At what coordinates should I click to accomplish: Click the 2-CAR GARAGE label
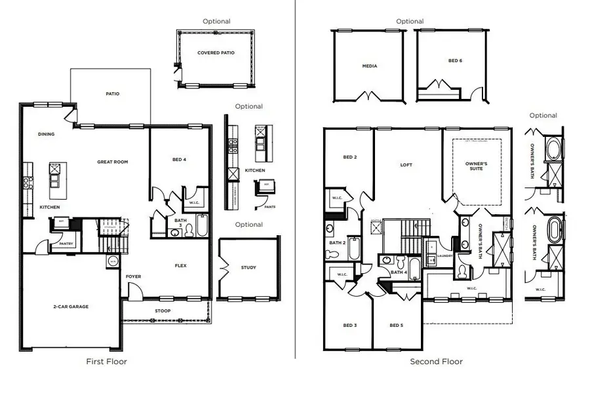pyautogui.click(x=70, y=307)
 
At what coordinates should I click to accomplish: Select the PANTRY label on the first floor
pyautogui.click(x=67, y=244)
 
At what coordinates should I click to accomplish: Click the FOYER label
pyautogui.click(x=134, y=276)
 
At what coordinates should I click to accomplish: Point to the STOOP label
pyautogui.click(x=163, y=310)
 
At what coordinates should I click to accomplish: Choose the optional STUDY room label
pyautogui.click(x=248, y=267)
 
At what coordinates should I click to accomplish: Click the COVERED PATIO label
pyautogui.click(x=216, y=53)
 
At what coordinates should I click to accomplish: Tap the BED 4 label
pyautogui.click(x=179, y=159)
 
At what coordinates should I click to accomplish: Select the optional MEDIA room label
pyautogui.click(x=369, y=66)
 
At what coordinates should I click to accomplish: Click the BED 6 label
pyautogui.click(x=455, y=60)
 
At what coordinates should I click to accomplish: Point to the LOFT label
pyautogui.click(x=406, y=165)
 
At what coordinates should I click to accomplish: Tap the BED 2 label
pyautogui.click(x=349, y=157)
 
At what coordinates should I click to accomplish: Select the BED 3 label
pyautogui.click(x=349, y=326)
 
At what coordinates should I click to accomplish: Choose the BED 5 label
pyautogui.click(x=396, y=326)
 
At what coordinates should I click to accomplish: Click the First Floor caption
pyautogui.click(x=107, y=362)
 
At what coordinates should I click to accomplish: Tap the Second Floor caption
pyautogui.click(x=436, y=362)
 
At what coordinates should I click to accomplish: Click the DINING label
pyautogui.click(x=46, y=134)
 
